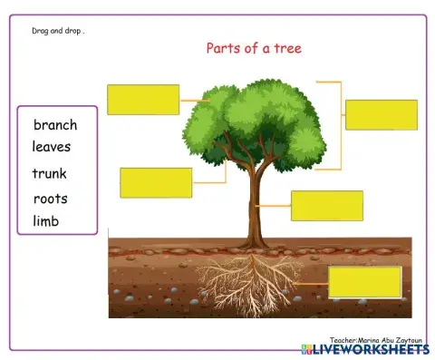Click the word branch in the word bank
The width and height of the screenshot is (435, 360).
(55, 125)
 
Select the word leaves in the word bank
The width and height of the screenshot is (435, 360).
(52, 146)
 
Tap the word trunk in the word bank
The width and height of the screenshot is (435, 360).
(49, 173)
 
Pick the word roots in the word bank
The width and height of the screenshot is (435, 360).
(50, 199)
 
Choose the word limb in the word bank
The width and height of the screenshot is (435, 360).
(46, 221)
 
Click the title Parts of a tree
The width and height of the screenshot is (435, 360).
(254, 48)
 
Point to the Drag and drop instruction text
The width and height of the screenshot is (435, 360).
(51, 30)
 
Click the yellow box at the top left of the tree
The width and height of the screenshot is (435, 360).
(143, 100)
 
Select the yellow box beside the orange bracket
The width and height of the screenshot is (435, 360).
(381, 115)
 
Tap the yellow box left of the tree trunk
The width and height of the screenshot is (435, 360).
(156, 182)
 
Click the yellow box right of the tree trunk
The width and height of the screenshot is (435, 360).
(326, 206)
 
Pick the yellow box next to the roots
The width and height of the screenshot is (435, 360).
(364, 282)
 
